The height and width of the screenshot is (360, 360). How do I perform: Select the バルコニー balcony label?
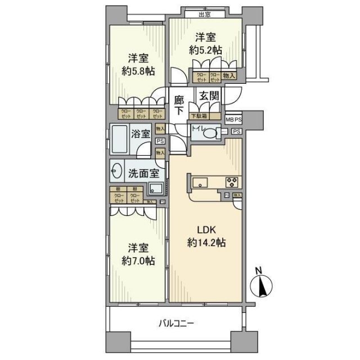click(175, 323)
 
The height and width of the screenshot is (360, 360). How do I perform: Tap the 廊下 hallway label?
click(179, 104)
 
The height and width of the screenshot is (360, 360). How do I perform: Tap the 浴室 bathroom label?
click(140, 134)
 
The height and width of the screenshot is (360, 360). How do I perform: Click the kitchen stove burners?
click(232, 182)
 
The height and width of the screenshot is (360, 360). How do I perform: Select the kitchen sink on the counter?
click(201, 182)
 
